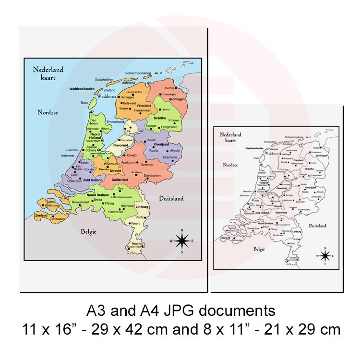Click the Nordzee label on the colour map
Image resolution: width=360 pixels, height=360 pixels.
pos(48,112)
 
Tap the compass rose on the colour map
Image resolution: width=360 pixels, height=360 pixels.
pos(181,241)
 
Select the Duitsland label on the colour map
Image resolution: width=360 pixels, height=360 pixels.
pos(171,198)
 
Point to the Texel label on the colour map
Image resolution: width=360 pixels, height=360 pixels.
pos(84,103)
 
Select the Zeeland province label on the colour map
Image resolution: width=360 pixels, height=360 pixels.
pos(41,216)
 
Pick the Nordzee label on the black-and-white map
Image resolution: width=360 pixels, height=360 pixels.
pos(230,165)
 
